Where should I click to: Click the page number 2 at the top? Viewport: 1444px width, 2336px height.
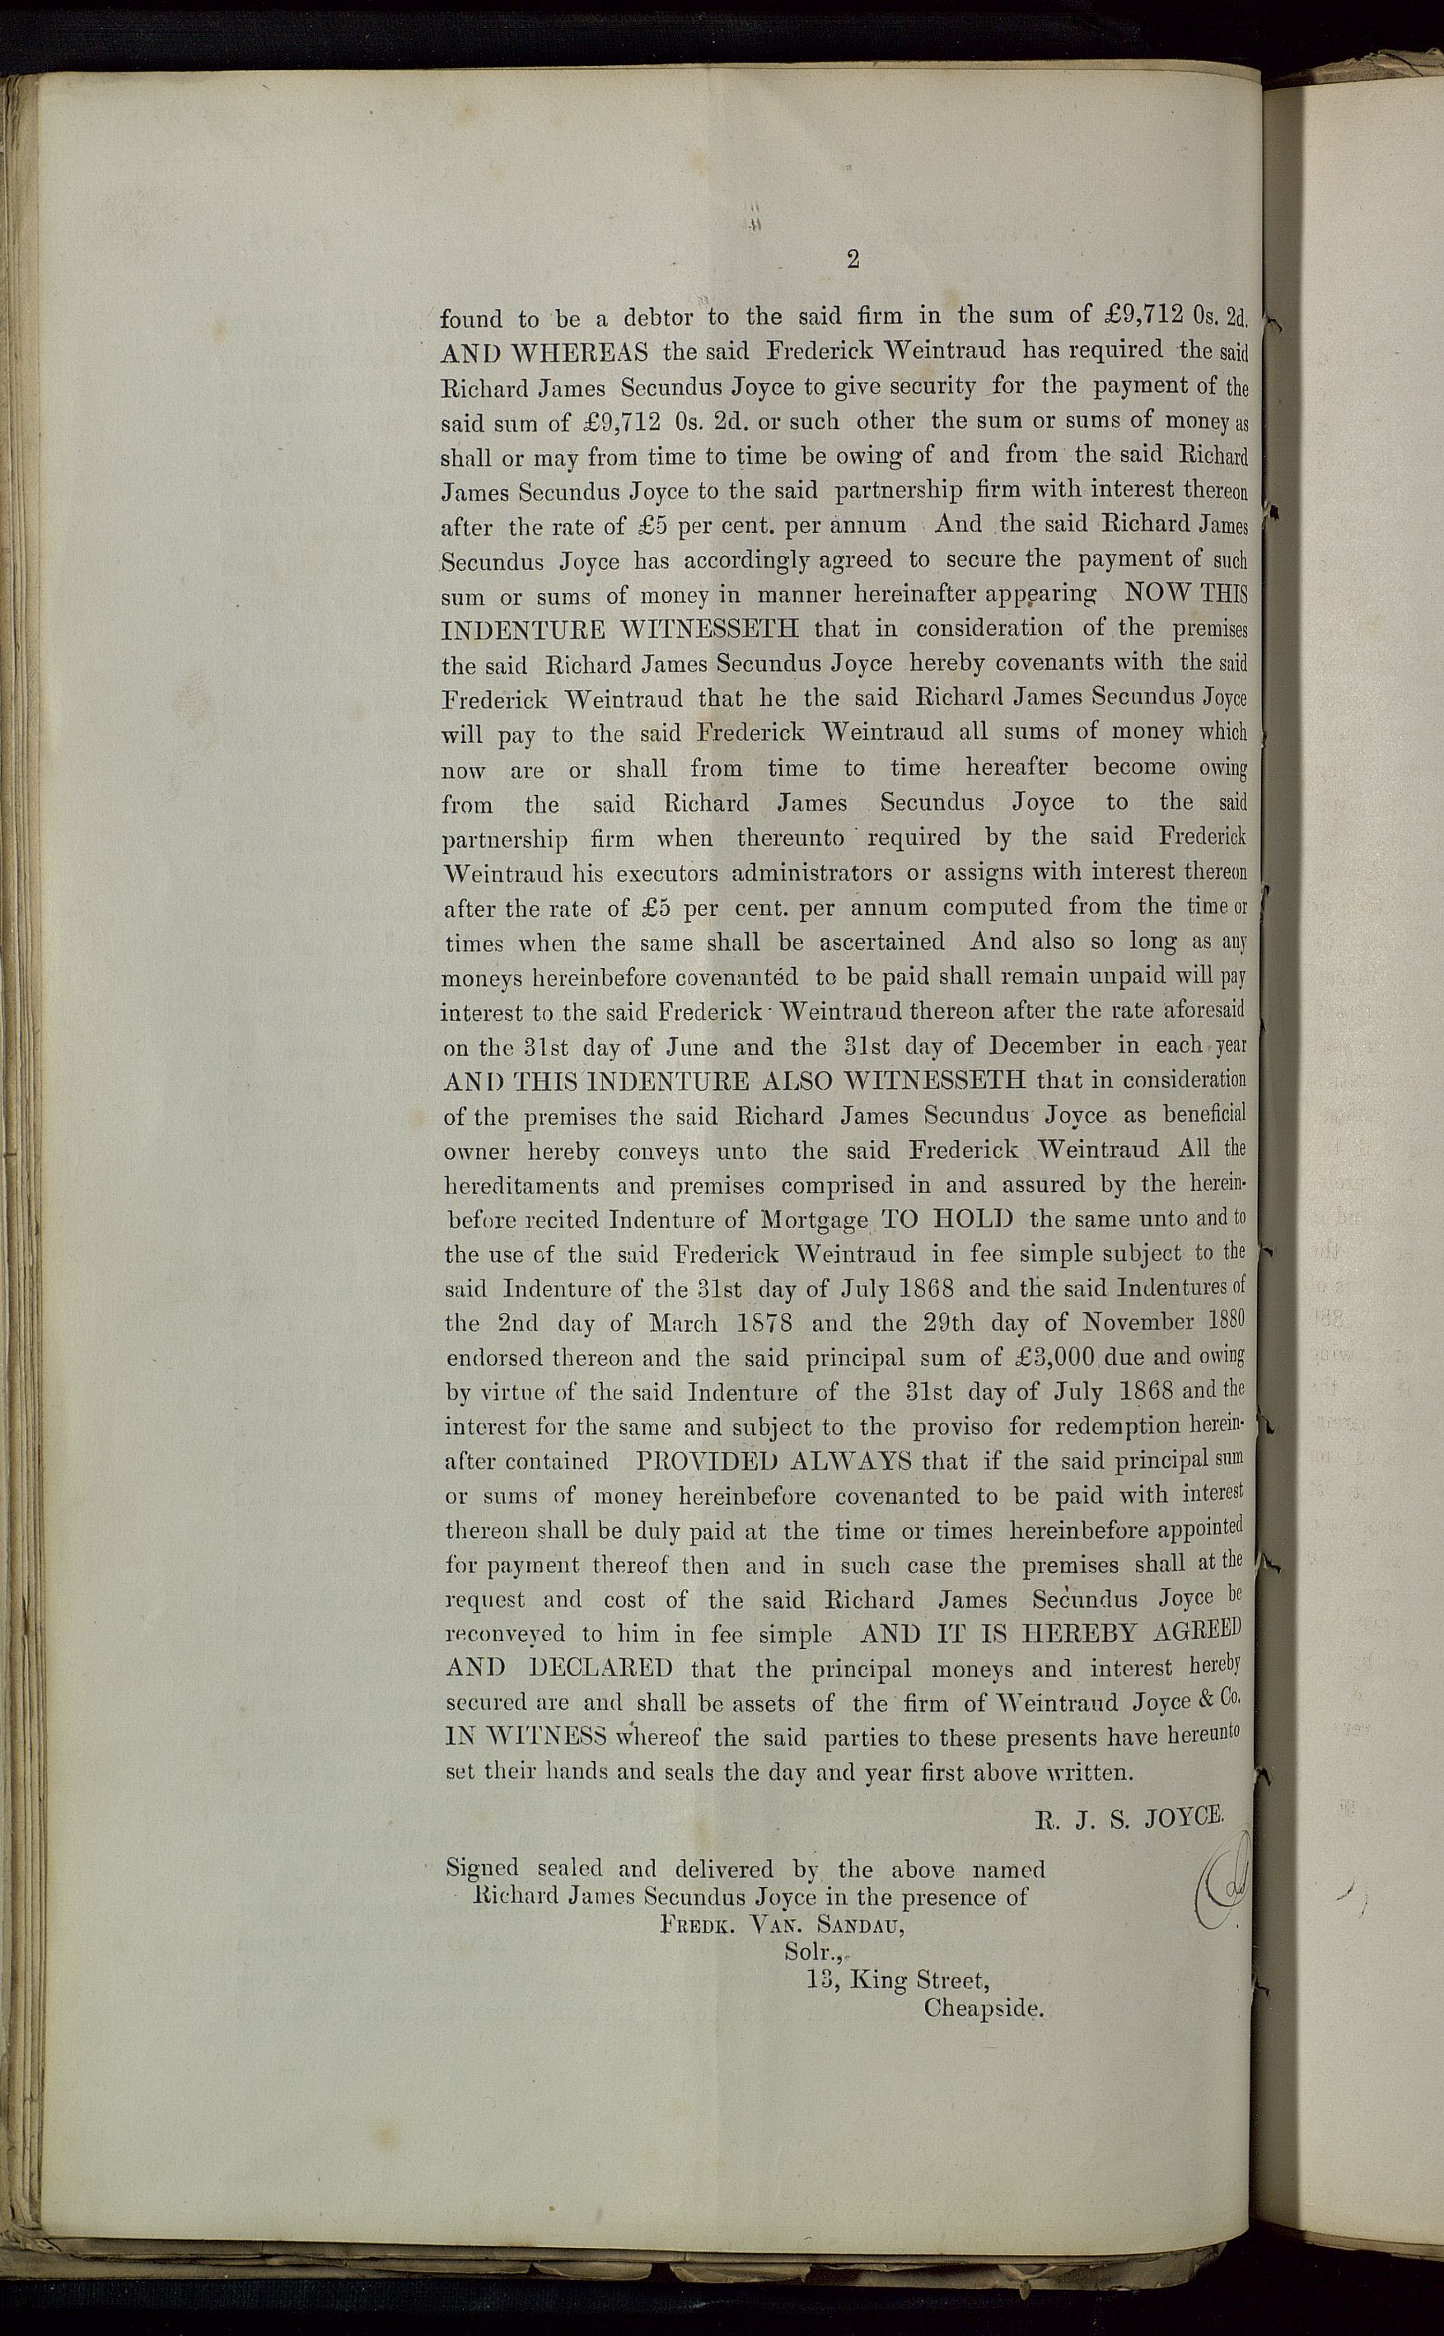(x=852, y=259)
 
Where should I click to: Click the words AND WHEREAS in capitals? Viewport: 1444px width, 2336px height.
(x=544, y=353)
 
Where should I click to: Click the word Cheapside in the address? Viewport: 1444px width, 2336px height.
(x=984, y=2007)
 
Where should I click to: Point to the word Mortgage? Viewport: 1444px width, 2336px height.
(x=814, y=1221)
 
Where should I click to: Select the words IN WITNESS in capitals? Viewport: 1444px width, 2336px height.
(x=526, y=1737)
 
